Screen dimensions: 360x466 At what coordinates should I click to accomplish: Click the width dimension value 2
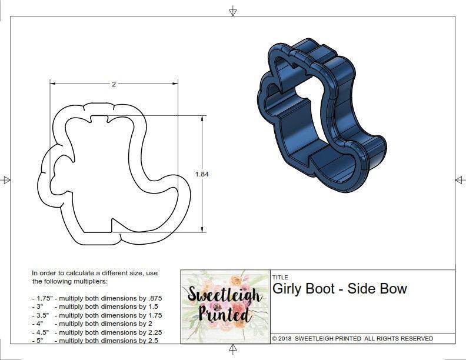(x=114, y=84)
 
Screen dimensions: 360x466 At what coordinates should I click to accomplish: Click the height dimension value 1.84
(x=202, y=174)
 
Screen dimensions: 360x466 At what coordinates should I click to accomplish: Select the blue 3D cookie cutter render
(x=321, y=117)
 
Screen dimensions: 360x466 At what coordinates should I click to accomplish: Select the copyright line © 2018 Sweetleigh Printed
(x=352, y=338)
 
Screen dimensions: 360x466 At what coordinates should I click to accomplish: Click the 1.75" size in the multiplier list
(x=42, y=298)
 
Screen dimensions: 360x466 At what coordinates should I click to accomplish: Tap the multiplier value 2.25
(x=151, y=332)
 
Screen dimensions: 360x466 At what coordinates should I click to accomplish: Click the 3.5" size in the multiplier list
(x=41, y=315)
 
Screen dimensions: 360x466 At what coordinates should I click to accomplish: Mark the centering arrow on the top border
(x=233, y=11)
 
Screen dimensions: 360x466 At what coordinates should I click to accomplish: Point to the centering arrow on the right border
(x=459, y=180)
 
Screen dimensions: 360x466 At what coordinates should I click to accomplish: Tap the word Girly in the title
(x=289, y=289)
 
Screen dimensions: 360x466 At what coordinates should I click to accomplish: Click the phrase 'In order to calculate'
(x=65, y=273)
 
